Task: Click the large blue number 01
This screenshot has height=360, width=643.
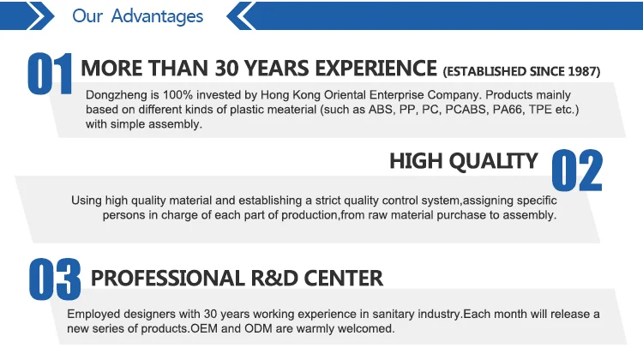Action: click(x=50, y=74)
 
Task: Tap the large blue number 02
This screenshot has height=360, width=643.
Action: click(x=577, y=171)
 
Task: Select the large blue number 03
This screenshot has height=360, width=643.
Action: click(x=55, y=279)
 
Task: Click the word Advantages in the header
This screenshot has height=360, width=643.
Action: click(x=157, y=16)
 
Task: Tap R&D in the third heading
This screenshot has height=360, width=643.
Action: click(x=274, y=279)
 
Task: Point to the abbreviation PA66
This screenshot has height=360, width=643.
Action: click(x=508, y=110)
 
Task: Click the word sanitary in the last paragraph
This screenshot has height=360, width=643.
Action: click(x=394, y=314)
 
